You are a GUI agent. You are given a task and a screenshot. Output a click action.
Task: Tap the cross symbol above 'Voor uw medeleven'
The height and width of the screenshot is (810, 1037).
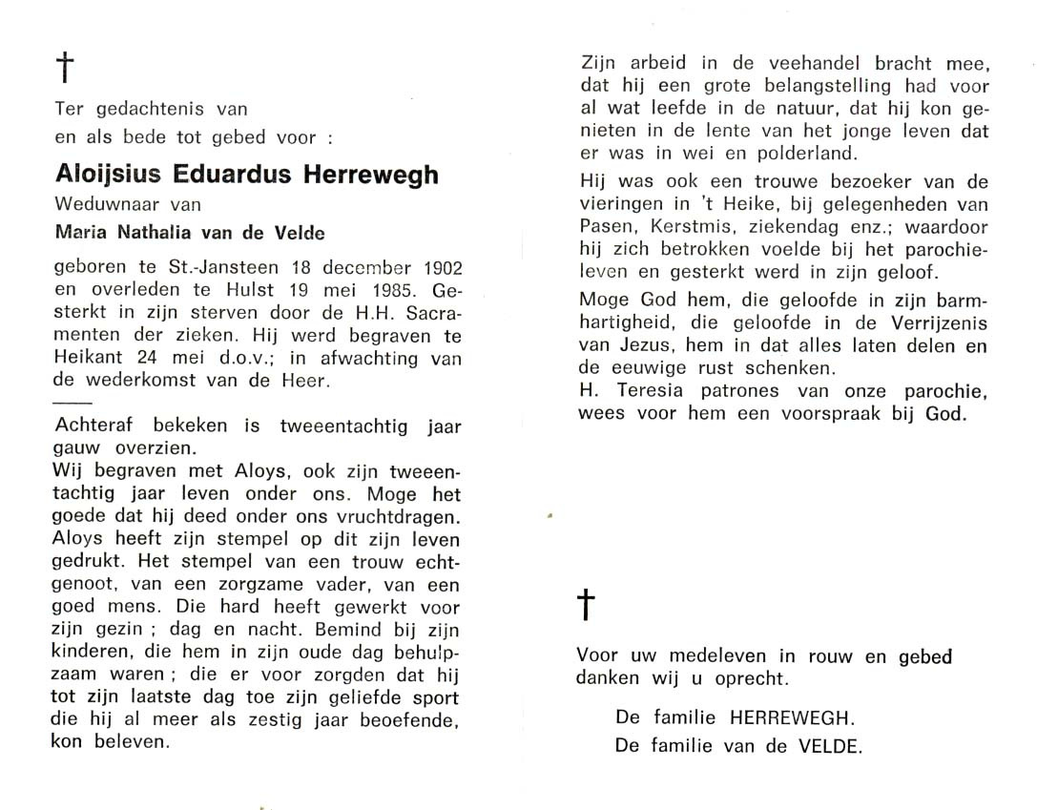[587, 606]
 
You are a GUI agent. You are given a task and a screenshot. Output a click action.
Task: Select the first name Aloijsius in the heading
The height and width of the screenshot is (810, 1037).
[108, 175]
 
